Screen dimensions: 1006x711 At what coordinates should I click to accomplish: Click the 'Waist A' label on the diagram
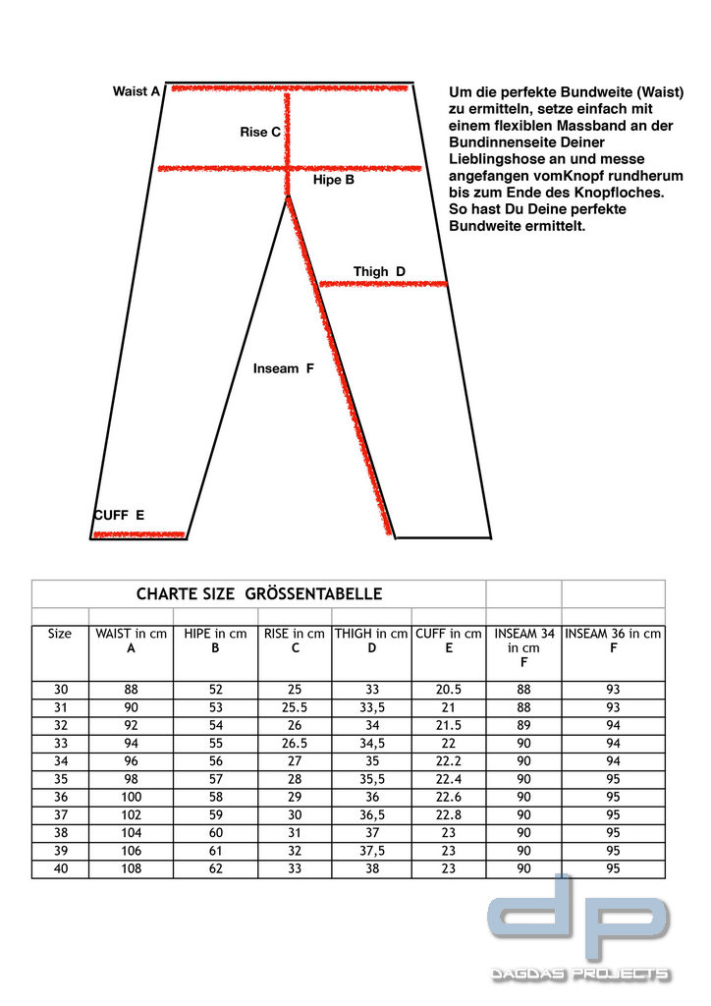tap(136, 91)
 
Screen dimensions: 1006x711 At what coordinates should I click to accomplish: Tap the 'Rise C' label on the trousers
tap(260, 132)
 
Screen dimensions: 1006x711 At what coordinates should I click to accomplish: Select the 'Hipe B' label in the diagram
tap(333, 181)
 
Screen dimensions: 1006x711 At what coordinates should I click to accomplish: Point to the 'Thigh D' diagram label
tap(379, 272)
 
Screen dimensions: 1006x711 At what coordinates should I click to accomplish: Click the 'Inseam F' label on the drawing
tap(283, 369)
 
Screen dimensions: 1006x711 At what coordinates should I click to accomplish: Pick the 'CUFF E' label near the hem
tap(119, 515)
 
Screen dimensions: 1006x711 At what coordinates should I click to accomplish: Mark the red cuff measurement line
tap(138, 534)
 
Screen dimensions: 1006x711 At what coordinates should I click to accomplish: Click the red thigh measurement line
tap(383, 284)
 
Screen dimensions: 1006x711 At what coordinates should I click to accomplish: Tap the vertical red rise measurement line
tap(288, 133)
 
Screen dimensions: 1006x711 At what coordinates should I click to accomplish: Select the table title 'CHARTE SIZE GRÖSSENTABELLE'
tap(258, 594)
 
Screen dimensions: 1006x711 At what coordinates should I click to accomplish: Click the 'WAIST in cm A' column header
tap(131, 641)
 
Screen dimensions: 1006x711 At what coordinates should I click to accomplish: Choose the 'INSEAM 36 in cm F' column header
tap(613, 641)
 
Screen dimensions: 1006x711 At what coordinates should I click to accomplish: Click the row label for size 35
tap(60, 780)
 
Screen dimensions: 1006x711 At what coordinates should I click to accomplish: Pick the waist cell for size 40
tap(131, 869)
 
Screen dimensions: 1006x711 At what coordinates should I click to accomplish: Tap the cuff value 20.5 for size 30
tap(448, 691)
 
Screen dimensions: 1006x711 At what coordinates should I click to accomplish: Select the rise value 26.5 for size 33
tap(294, 745)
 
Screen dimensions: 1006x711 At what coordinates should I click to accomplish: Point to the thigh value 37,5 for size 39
tap(371, 852)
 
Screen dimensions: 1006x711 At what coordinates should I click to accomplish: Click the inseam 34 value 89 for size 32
tap(523, 727)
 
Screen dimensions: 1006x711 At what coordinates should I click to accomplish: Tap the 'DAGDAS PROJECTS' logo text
tap(580, 975)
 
